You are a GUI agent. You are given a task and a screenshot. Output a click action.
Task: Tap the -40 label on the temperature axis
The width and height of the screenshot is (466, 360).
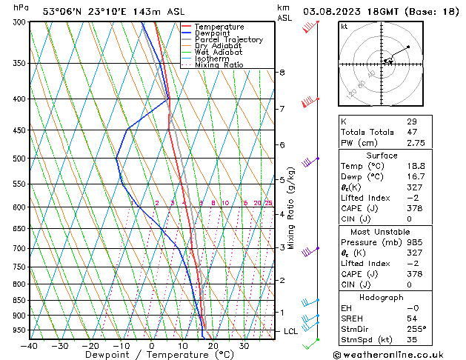click(30, 346)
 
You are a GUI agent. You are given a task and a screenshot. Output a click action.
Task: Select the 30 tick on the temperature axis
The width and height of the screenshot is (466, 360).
click(244, 346)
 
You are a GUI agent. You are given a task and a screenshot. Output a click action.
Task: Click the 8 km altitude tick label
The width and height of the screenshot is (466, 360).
click(282, 73)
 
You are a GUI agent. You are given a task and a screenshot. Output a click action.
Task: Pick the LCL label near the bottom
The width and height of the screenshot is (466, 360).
click(291, 331)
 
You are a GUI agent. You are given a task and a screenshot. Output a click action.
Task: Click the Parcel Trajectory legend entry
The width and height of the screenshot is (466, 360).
click(228, 40)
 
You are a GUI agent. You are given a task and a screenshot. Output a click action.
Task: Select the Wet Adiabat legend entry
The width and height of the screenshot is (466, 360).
click(219, 53)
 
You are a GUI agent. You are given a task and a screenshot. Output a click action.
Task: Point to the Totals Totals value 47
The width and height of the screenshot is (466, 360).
click(411, 132)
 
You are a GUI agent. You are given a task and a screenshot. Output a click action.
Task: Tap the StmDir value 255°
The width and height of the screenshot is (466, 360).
click(416, 329)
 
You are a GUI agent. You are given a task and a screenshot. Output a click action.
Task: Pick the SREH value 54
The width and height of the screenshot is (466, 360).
click(411, 318)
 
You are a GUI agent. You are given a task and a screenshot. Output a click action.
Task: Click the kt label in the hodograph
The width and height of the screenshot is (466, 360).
click(344, 26)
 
